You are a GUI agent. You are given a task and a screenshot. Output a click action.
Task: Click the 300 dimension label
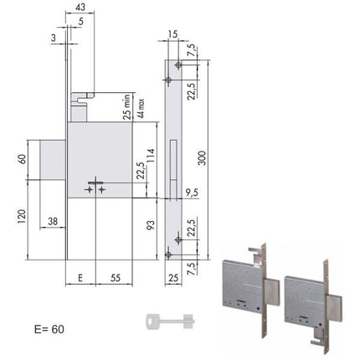pyautogui.click(x=202, y=158)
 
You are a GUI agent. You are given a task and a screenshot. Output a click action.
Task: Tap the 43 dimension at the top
pyautogui.click(x=80, y=7)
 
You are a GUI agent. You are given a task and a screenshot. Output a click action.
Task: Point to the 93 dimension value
pyautogui.click(x=151, y=225)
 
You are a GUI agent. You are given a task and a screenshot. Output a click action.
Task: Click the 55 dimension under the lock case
pyautogui.click(x=116, y=278)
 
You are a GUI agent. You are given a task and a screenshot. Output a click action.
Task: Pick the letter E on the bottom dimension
pyautogui.click(x=80, y=278)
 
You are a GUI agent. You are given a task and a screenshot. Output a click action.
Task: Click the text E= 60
pyautogui.click(x=49, y=329)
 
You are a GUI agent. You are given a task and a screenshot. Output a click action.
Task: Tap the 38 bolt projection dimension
pyautogui.click(x=53, y=221)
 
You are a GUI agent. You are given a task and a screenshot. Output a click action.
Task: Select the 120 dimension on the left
pyautogui.click(x=22, y=217)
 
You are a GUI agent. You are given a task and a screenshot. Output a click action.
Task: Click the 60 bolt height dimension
pyautogui.click(x=22, y=159)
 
